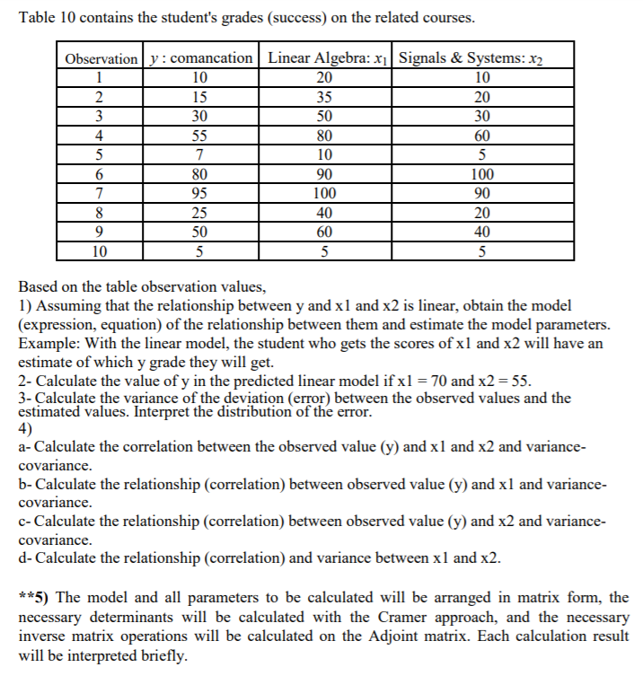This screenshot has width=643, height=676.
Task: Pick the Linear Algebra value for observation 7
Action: click(x=324, y=194)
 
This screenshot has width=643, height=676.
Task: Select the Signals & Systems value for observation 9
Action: click(x=482, y=233)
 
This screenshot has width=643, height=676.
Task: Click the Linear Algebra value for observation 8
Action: click(x=324, y=214)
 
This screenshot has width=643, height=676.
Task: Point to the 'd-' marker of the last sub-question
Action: click(x=26, y=558)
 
